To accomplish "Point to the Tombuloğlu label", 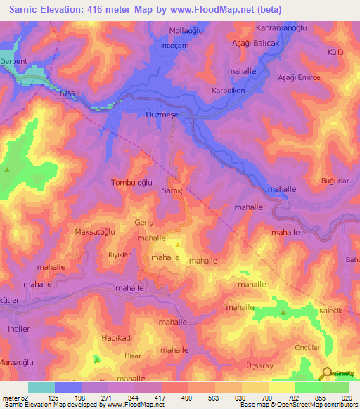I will tap(132, 182).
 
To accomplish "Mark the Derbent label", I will tap(15, 61).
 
